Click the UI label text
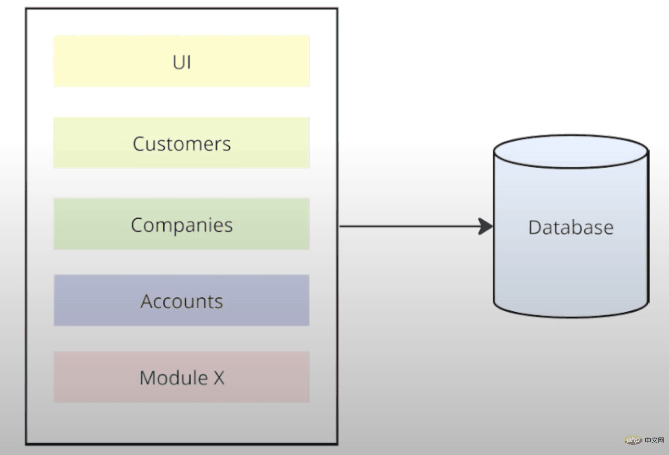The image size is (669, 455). click(182, 62)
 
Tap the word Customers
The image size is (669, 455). click(182, 144)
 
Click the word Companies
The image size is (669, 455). click(182, 225)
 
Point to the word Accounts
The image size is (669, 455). click(182, 302)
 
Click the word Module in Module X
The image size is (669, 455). click(173, 378)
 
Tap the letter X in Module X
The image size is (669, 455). click(219, 378)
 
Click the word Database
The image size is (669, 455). click(571, 227)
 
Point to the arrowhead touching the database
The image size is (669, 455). click(486, 226)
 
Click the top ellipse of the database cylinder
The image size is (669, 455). click(571, 151)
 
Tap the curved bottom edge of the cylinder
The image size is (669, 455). click(571, 316)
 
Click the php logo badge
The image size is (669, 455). click(633, 440)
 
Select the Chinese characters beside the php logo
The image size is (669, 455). click(655, 440)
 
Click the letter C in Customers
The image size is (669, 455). click(139, 144)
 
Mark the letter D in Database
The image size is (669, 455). click(534, 227)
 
